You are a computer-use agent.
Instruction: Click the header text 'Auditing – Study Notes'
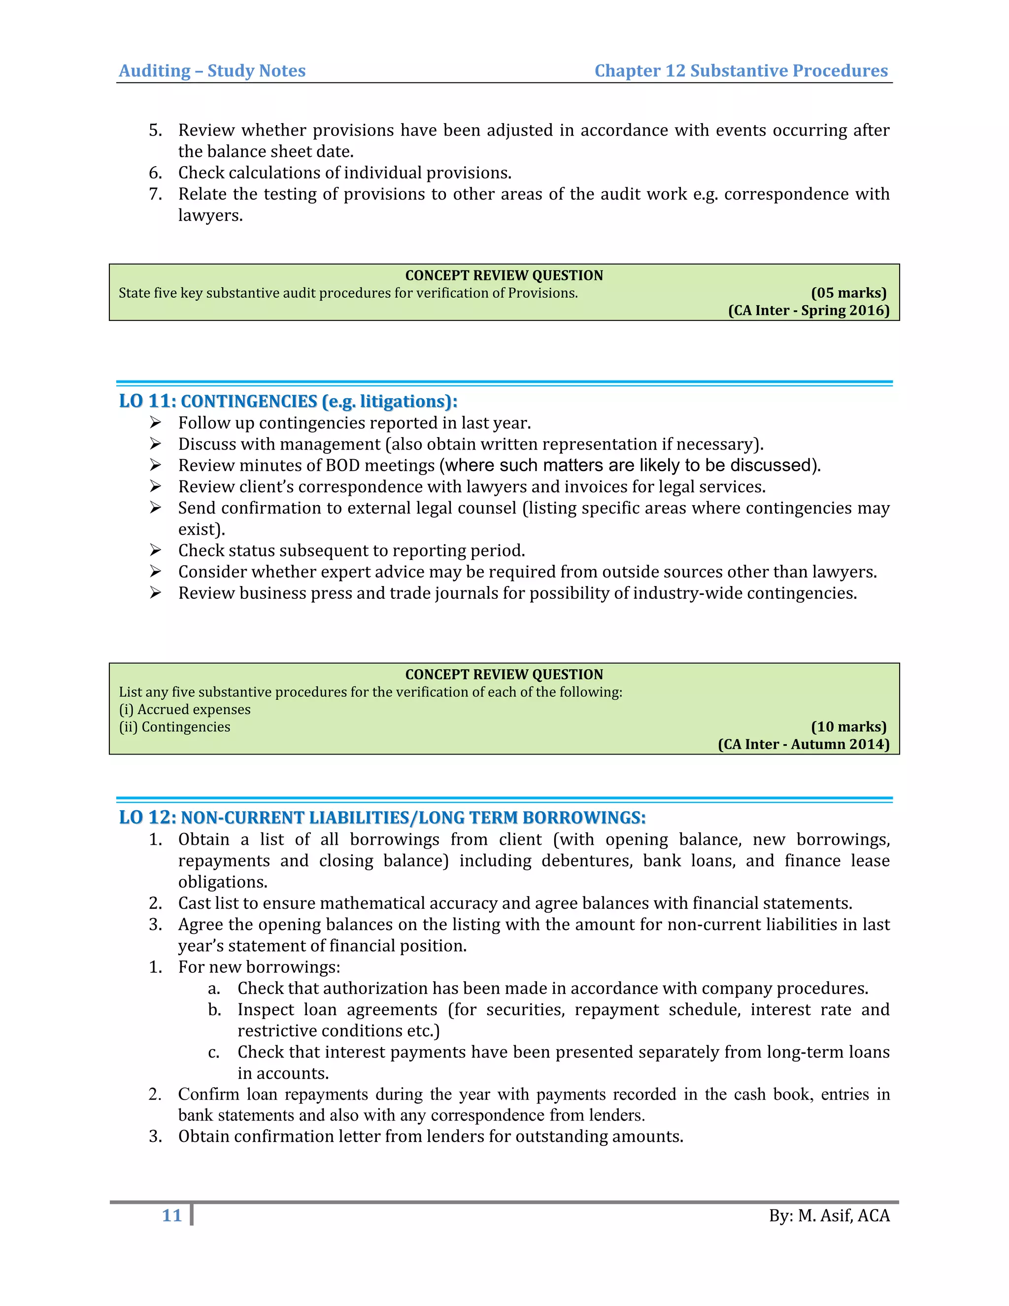[x=212, y=70]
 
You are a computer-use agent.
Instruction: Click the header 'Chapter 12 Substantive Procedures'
[x=740, y=70]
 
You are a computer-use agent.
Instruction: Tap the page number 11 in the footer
[x=171, y=1216]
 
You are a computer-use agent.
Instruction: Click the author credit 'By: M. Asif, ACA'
[x=829, y=1216]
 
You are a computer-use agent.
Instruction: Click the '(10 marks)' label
[x=848, y=726]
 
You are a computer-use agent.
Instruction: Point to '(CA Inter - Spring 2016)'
[x=808, y=310]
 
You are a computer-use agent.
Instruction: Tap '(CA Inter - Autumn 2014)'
[x=804, y=744]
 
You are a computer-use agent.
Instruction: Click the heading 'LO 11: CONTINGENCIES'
[x=288, y=401]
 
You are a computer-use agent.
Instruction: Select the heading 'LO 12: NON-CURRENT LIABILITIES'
[x=382, y=818]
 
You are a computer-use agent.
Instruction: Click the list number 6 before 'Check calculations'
[x=155, y=173]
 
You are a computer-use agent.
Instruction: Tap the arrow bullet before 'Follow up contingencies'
[x=155, y=423]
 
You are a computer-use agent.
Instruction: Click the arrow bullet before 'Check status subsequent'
[x=155, y=550]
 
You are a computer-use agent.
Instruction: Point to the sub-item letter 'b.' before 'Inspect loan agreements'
[x=215, y=1010]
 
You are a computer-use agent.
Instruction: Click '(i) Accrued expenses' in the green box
[x=185, y=709]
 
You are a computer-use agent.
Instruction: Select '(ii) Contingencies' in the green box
[x=174, y=726]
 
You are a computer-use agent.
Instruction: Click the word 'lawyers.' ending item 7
[x=210, y=215]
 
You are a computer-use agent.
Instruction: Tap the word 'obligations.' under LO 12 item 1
[x=222, y=882]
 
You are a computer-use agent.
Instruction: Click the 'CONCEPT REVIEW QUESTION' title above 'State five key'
[x=504, y=275]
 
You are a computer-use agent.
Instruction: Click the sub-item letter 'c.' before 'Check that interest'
[x=214, y=1053]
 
